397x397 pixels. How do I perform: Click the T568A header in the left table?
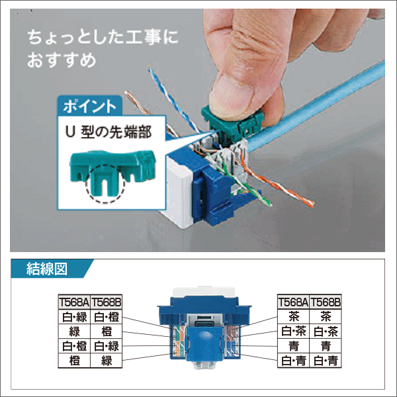[73, 302]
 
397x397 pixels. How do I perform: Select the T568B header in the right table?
[326, 302]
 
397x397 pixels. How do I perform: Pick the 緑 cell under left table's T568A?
[73, 331]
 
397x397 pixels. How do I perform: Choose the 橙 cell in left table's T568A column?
[73, 361]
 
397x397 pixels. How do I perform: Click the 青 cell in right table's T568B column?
[326, 346]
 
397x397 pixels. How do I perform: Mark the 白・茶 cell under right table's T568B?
[326, 331]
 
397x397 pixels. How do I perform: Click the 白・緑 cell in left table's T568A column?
[73, 317]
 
